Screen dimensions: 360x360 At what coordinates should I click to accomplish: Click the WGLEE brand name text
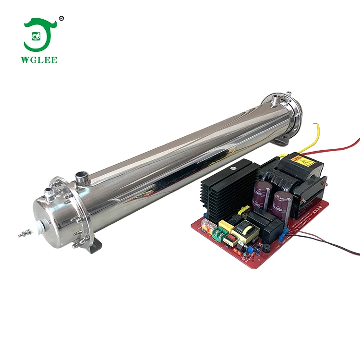click(x=40, y=60)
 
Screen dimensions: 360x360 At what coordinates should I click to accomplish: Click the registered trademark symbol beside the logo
click(x=61, y=18)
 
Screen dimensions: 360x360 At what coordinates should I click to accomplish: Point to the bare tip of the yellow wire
click(x=314, y=126)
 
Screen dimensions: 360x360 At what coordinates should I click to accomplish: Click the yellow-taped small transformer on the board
click(x=248, y=233)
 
